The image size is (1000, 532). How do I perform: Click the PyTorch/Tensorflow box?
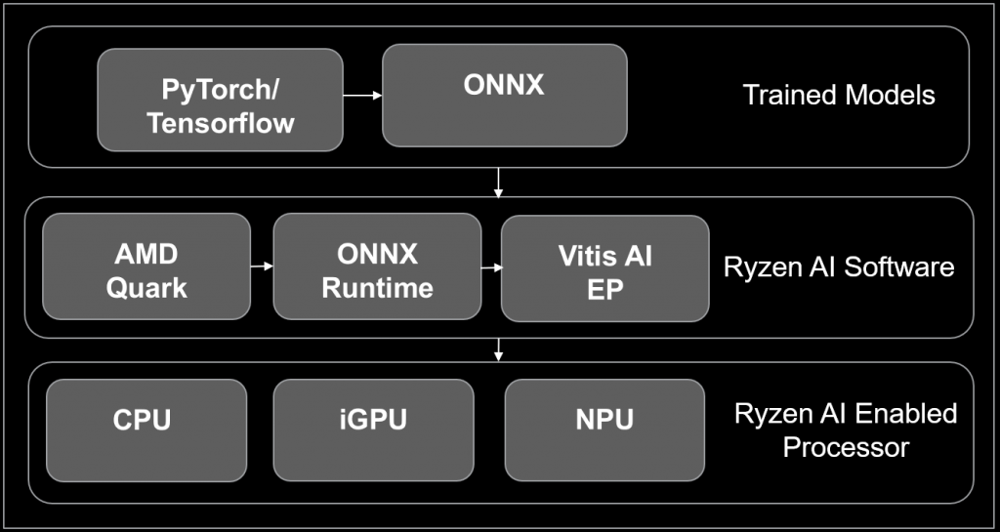pyautogui.click(x=220, y=101)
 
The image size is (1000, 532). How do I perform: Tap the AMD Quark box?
pyautogui.click(x=146, y=266)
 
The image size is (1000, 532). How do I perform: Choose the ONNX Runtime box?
pyautogui.click(x=377, y=266)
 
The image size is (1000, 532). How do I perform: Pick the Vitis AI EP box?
pyautogui.click(x=604, y=268)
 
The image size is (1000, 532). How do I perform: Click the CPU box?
pyautogui.click(x=146, y=430)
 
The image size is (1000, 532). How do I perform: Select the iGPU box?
pyautogui.click(x=373, y=430)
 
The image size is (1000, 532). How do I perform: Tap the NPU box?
pyautogui.click(x=604, y=430)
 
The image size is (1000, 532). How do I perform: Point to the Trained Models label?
pyautogui.click(x=839, y=95)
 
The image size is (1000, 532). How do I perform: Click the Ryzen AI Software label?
pyautogui.click(x=839, y=266)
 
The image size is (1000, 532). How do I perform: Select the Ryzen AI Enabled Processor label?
pyautogui.click(x=846, y=430)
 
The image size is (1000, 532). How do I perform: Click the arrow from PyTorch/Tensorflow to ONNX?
pyautogui.click(x=362, y=96)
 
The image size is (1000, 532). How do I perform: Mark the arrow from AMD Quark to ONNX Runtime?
pyautogui.click(x=262, y=266)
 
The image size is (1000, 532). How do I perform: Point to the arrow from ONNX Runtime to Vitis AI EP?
pyautogui.click(x=491, y=266)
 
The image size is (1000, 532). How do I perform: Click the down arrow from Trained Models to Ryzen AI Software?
pyautogui.click(x=499, y=183)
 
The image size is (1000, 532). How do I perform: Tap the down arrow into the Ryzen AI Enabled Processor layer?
pyautogui.click(x=499, y=348)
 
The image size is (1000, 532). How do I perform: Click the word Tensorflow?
pyautogui.click(x=221, y=124)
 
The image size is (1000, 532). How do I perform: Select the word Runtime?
pyautogui.click(x=377, y=288)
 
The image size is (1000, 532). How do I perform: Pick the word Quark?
pyautogui.click(x=146, y=288)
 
